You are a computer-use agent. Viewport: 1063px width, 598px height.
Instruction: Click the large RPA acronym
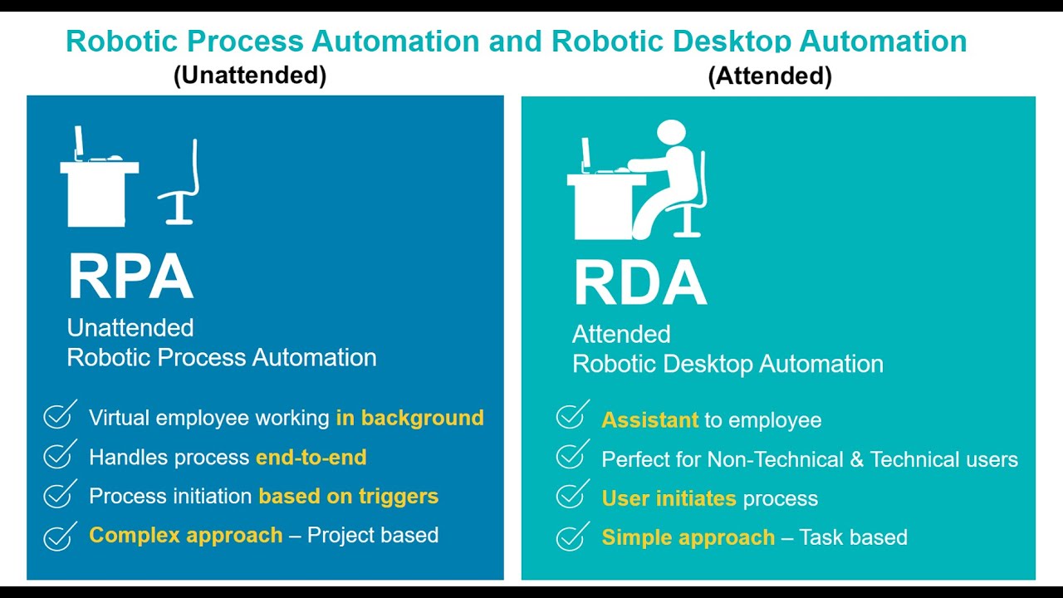tap(130, 277)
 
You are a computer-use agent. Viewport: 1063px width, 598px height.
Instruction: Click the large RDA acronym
tap(639, 283)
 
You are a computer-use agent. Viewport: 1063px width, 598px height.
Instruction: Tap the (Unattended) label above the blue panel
tap(250, 76)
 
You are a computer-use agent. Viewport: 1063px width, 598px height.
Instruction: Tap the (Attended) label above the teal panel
tap(770, 76)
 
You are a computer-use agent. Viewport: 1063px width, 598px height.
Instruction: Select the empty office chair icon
tap(181, 184)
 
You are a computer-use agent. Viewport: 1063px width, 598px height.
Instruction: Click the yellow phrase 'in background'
tap(409, 418)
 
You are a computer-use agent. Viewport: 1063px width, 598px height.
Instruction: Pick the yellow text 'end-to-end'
tap(311, 457)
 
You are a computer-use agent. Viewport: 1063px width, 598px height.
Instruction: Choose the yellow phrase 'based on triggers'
tap(349, 496)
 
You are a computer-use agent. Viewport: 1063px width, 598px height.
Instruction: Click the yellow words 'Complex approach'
tap(186, 535)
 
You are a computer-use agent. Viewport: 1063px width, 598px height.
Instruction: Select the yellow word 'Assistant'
tap(650, 420)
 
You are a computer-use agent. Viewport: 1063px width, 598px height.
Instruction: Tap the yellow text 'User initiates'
tap(669, 498)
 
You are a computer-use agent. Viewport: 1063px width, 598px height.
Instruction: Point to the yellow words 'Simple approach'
tap(688, 537)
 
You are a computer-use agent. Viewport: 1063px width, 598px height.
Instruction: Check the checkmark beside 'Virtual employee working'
tap(58, 415)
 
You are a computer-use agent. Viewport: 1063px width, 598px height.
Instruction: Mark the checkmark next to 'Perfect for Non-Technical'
tap(571, 457)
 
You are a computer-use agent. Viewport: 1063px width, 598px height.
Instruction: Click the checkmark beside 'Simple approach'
tap(571, 536)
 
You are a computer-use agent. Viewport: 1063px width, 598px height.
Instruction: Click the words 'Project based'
tap(373, 535)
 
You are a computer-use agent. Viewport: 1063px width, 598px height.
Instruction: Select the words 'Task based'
tap(854, 537)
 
